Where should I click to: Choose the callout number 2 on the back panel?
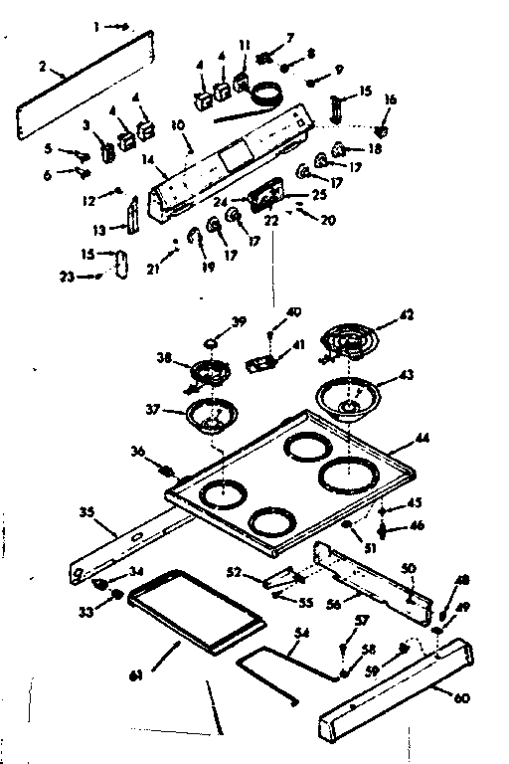coord(43,69)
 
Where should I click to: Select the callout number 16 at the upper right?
coord(389,100)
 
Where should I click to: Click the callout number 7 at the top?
coord(289,37)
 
